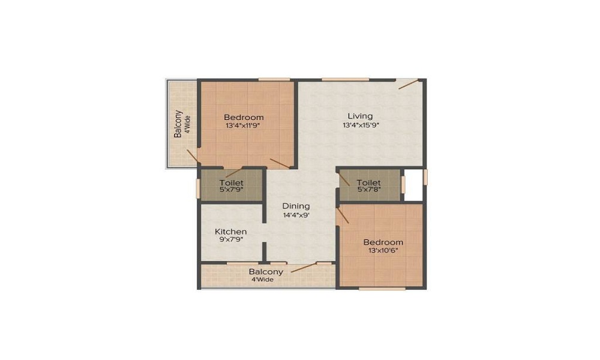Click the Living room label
coord(361,116)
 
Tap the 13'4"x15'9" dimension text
coord(361,125)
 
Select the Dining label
coord(296,206)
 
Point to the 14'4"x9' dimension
coord(296,215)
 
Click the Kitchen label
coord(231,231)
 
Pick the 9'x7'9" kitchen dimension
coord(231,240)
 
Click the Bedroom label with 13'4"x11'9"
coord(244,117)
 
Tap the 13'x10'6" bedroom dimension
coord(383,251)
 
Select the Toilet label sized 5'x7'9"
coord(231,182)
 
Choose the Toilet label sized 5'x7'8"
coord(368,182)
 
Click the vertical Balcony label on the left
coord(178,124)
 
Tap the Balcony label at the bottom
coord(266,272)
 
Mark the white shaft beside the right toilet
coord(413,184)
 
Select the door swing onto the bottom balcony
coord(304,268)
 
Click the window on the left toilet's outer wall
coord(198,188)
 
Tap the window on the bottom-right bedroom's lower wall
coord(382,289)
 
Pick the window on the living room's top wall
coord(345,79)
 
